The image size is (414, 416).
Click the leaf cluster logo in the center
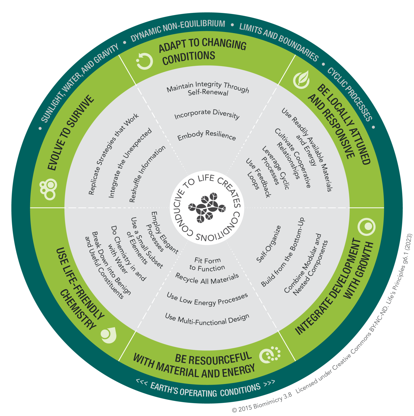207,207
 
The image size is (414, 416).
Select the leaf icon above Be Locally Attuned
301,79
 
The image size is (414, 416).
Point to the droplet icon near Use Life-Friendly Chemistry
109,335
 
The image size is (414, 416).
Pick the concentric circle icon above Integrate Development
367,226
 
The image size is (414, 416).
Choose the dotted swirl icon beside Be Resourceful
270,355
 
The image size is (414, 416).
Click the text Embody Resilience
206,135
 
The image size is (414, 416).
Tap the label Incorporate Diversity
207,114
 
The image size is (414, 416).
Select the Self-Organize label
269,244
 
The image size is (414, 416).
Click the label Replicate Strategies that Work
114,154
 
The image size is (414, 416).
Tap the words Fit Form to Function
207,264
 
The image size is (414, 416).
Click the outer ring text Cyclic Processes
350,93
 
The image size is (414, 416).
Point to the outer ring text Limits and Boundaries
279,41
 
